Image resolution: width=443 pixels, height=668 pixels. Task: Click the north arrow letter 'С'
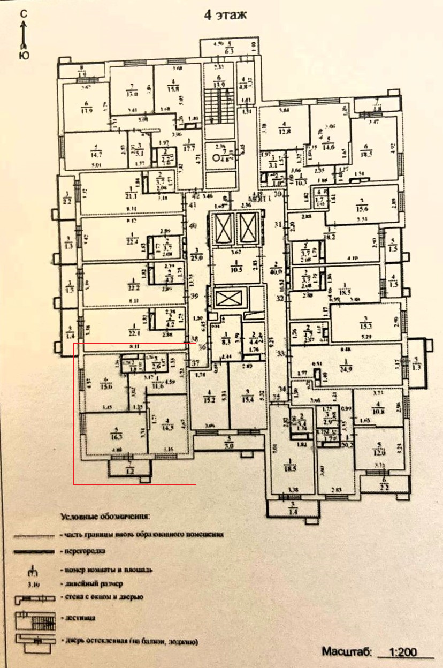click(24, 16)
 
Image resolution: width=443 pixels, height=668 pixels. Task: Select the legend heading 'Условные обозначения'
click(105, 517)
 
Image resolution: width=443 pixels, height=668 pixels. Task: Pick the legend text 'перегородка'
click(86, 550)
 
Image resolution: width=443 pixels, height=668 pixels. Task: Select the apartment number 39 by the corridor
click(193, 296)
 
